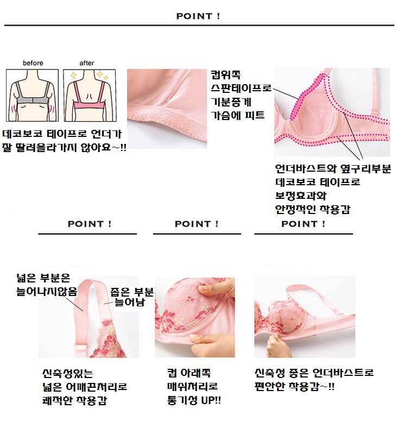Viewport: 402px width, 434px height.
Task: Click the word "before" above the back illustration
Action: click(33, 63)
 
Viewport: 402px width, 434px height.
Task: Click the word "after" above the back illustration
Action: click(87, 63)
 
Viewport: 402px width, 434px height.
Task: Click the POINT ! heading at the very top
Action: click(198, 16)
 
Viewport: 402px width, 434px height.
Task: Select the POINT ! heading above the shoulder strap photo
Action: click(90, 224)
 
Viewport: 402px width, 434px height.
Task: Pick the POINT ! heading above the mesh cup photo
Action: click(197, 224)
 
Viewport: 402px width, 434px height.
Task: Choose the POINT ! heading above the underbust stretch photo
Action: click(303, 224)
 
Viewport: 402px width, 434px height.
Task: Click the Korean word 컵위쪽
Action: click(225, 75)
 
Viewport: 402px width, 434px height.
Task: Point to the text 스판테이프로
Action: click(241, 89)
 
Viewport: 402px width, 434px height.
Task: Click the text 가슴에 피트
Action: click(238, 115)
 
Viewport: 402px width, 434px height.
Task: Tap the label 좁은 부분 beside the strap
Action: click(132, 292)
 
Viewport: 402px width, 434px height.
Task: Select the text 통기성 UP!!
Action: click(194, 400)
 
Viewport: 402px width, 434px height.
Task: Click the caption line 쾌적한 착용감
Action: click(74, 400)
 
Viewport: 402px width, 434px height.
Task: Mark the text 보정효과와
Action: click(301, 196)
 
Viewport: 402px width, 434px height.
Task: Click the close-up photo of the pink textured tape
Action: click(167, 109)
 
